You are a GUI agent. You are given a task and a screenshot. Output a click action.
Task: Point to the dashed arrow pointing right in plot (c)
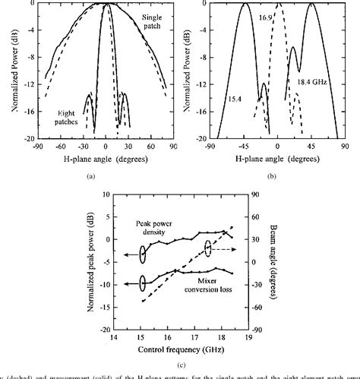[x=225, y=248]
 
